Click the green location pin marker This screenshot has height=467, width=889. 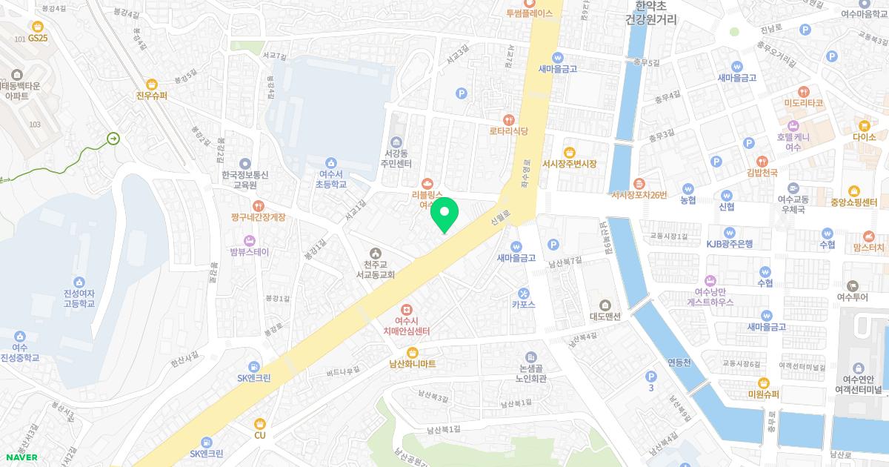coord(444,213)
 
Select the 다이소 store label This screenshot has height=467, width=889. coord(864,137)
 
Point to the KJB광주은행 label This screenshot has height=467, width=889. coord(729,243)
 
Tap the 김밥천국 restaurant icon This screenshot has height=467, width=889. coord(762,161)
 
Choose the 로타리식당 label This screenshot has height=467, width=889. coord(508,131)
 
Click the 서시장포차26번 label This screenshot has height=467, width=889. coord(639,196)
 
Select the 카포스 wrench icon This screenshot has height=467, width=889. coord(523,292)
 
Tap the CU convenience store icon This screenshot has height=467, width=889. coord(259,423)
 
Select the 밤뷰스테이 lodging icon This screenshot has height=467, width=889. coord(249,240)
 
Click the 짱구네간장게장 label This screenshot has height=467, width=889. coord(257,217)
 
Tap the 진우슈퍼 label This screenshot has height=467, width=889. coord(152,96)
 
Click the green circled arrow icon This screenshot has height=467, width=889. coord(113,138)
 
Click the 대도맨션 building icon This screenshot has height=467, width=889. coord(605,305)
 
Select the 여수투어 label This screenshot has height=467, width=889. coord(852,297)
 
